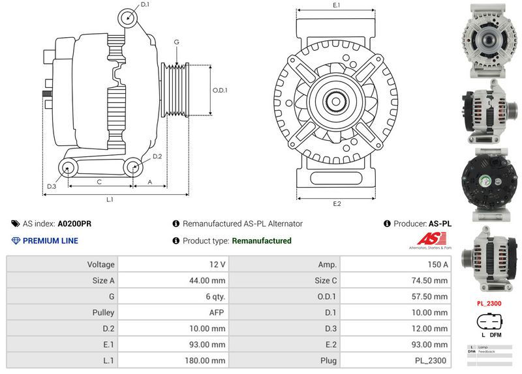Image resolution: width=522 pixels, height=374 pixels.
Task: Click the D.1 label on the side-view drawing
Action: coord(145,5)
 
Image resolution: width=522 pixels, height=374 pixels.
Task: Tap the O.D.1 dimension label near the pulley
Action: coord(219,90)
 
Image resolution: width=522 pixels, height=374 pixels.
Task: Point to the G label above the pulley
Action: coord(176,42)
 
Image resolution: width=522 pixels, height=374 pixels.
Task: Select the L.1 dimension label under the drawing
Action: coord(110,199)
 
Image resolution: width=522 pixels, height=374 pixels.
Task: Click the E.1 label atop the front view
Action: coord(337,5)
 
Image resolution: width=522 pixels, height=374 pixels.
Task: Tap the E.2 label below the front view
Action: coord(337,204)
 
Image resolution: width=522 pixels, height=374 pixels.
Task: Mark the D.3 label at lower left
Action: coord(52,187)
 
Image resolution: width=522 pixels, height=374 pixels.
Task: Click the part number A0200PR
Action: coord(74,223)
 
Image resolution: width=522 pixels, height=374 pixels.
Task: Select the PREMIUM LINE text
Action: coord(50,241)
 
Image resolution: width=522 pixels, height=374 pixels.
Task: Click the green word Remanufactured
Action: coord(262,241)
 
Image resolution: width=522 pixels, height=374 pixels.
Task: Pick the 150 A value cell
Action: coord(395,265)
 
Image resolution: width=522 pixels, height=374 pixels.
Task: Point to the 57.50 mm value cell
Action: coord(395,296)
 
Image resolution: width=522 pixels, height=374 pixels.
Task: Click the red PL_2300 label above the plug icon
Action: coord(489,304)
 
